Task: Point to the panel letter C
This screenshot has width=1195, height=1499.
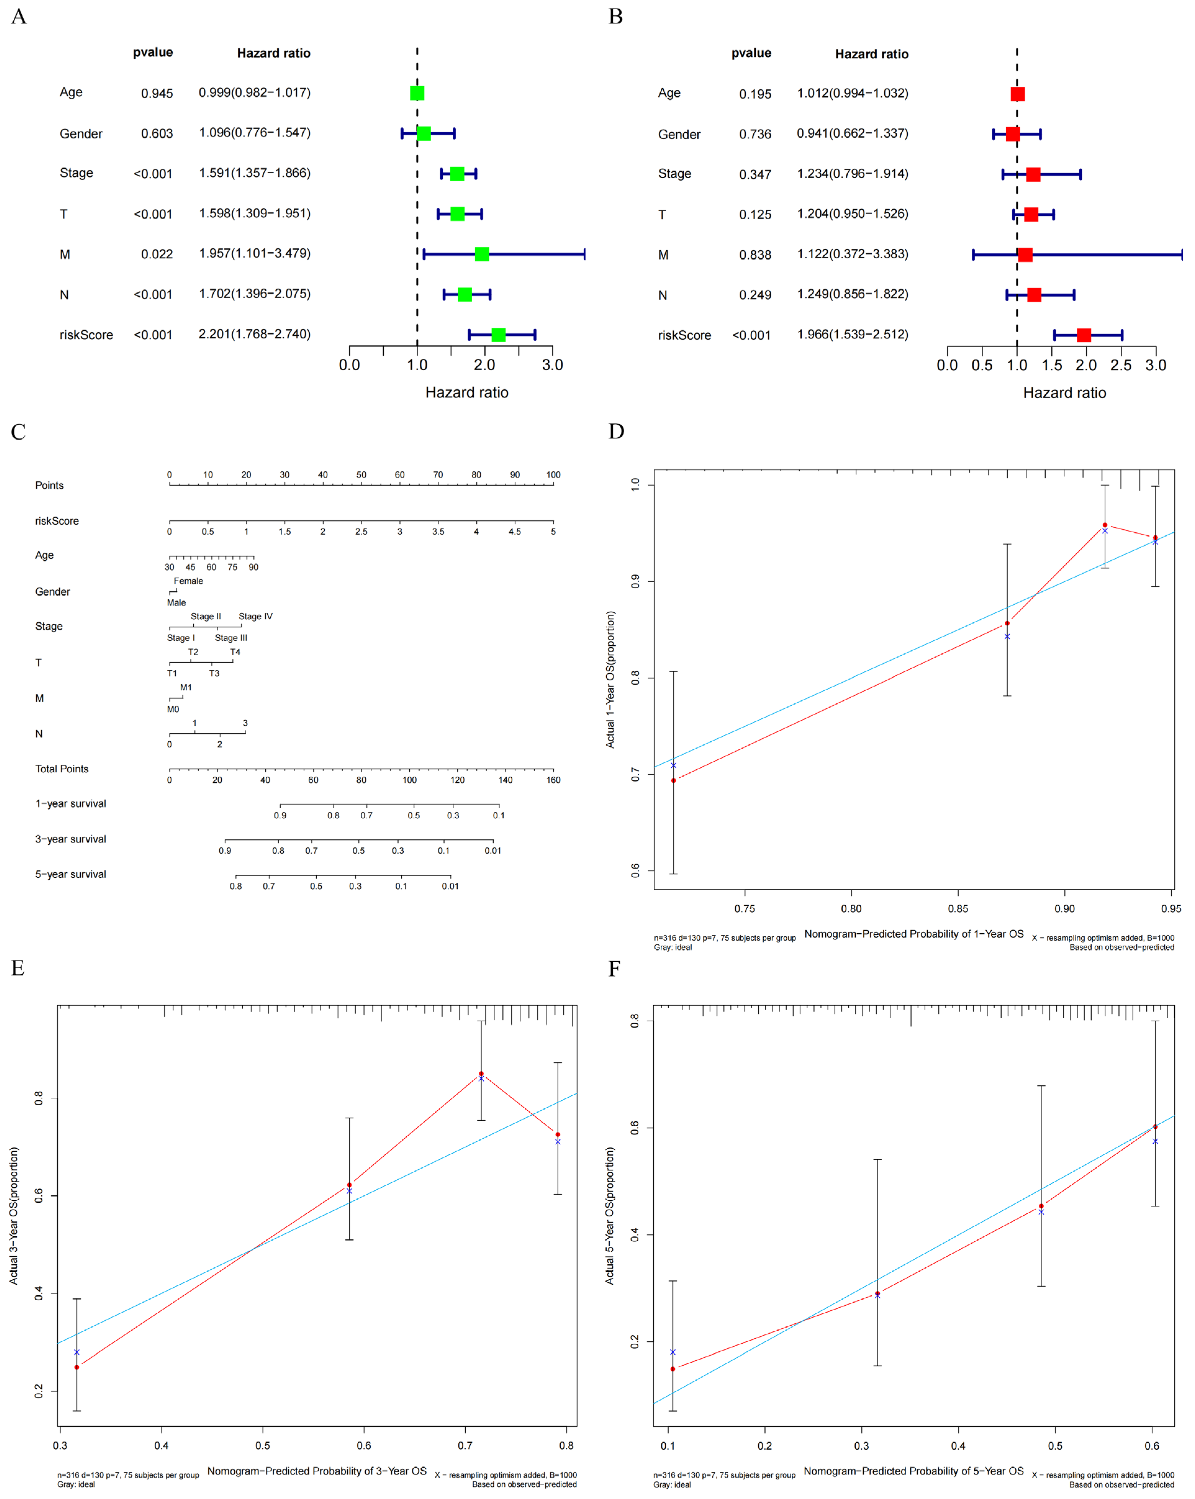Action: click(x=18, y=432)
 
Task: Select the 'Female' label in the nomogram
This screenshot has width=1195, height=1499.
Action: click(x=188, y=580)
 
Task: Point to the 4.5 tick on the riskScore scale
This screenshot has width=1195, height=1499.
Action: click(x=514, y=531)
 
